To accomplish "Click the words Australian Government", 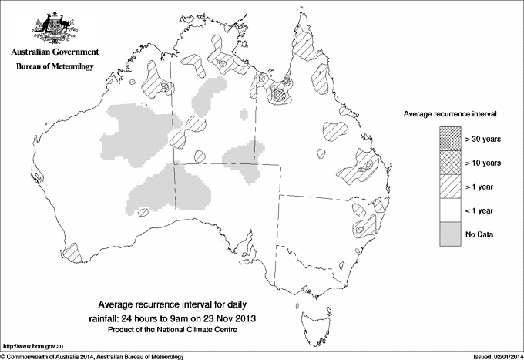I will tap(55, 52).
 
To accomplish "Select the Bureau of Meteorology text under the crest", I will tap(55, 67).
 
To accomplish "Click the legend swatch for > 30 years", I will tap(450, 139).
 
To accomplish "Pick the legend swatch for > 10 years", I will tap(450, 163).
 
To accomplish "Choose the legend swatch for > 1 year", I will tap(450, 187).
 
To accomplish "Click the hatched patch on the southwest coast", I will tap(70, 251).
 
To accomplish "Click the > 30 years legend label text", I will tap(482, 139).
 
